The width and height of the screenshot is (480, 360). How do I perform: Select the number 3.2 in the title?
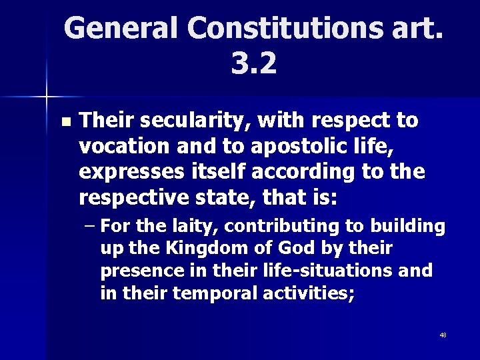tap(253, 63)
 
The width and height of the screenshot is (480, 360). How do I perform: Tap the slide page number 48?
tap(443, 335)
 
